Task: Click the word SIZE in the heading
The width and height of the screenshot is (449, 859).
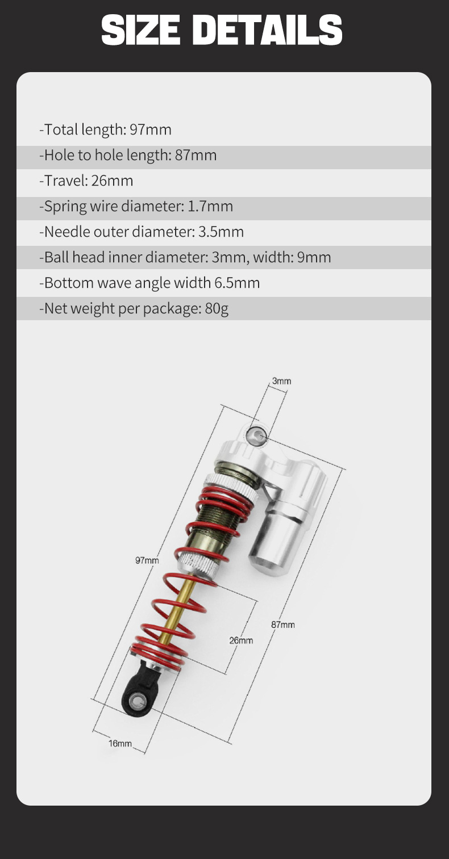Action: point(141,30)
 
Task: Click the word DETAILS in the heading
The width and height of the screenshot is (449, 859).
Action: point(267,30)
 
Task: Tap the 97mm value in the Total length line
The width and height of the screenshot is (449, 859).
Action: point(151,129)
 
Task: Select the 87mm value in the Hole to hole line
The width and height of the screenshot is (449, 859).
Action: point(196,156)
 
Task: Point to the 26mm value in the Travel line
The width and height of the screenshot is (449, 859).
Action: point(112,181)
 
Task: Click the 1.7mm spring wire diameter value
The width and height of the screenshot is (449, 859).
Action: point(210,206)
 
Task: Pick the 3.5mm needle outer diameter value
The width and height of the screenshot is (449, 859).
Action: point(221,232)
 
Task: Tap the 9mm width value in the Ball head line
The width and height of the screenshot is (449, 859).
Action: point(314,257)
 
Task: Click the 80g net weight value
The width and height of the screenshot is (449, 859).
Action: point(217,309)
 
